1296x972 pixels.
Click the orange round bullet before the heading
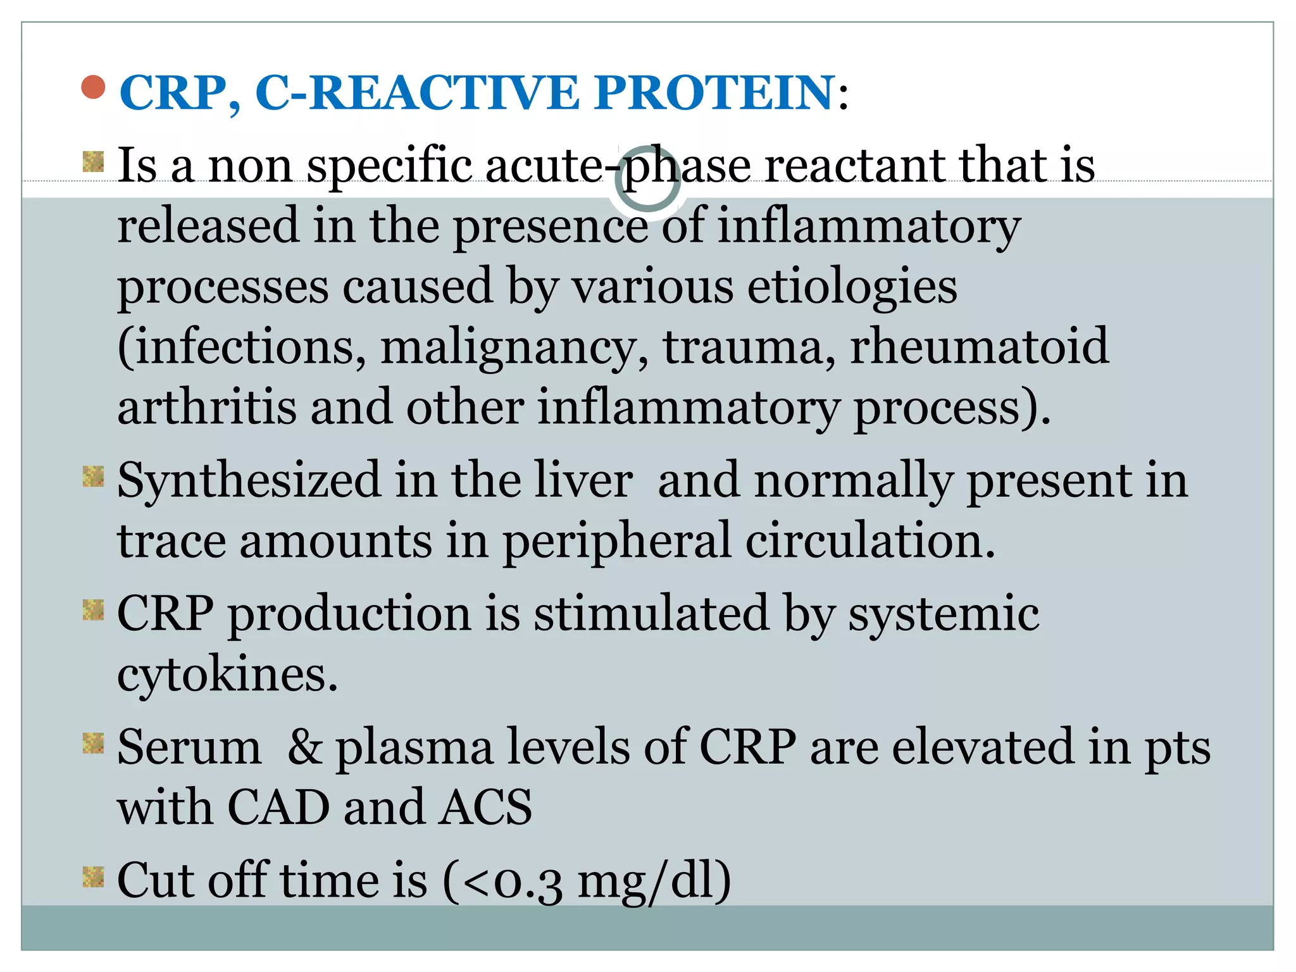[94, 88]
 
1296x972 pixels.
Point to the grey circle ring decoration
[647, 179]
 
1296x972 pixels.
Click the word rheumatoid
[979, 347]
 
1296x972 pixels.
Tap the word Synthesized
[249, 480]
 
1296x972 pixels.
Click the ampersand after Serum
[304, 747]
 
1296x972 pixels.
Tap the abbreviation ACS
[486, 808]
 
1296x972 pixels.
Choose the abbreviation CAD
[278, 808]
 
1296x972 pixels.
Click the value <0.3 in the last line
[513, 882]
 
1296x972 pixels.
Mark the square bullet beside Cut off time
[94, 877]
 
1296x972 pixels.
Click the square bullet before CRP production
[94, 610]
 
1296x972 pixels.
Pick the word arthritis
[207, 408]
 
